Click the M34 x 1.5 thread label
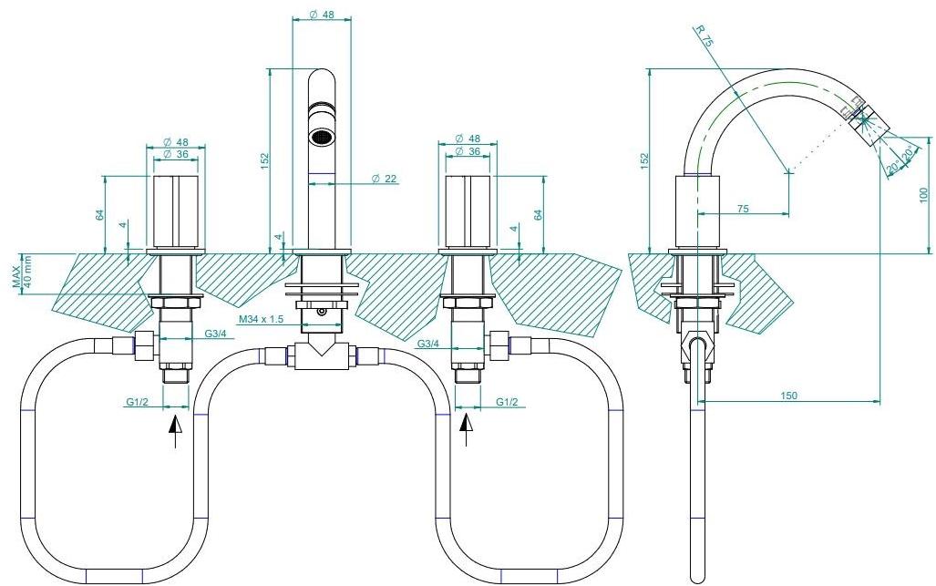(x=261, y=318)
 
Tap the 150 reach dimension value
(x=788, y=394)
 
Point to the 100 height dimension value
(x=923, y=194)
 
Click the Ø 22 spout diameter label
(x=383, y=179)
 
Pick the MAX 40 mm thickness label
(x=22, y=272)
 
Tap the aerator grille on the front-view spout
(x=319, y=138)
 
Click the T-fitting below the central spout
(x=320, y=355)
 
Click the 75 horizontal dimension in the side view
(x=743, y=209)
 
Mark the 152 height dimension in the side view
(x=643, y=160)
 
